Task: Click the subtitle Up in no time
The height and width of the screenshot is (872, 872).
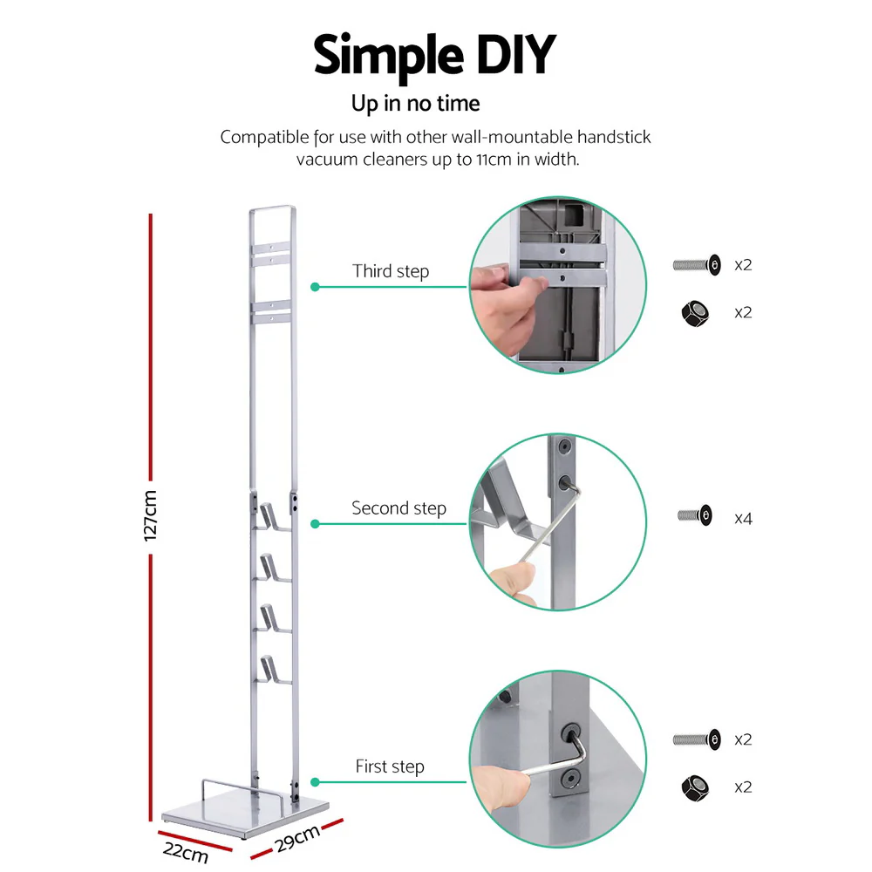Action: click(x=415, y=104)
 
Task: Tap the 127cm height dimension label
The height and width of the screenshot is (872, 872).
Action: click(x=151, y=514)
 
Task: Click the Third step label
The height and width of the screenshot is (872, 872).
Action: click(x=391, y=271)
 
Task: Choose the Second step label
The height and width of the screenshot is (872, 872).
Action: click(x=399, y=508)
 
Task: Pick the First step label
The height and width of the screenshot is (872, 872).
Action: click(x=389, y=766)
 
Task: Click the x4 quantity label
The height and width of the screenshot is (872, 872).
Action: click(x=743, y=519)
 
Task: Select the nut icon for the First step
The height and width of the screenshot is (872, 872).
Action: click(x=694, y=787)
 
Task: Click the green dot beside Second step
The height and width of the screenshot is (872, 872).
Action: click(x=316, y=524)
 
